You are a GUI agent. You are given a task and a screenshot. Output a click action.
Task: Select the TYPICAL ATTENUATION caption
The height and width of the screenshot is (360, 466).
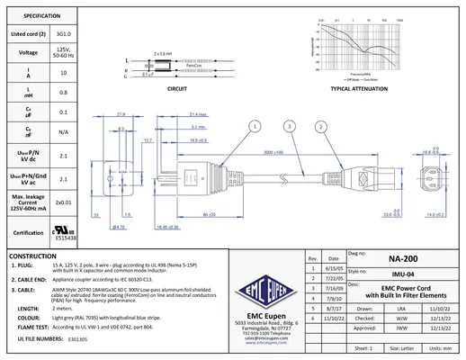(354, 91)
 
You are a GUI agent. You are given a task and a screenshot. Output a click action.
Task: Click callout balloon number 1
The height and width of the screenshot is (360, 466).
(255, 128)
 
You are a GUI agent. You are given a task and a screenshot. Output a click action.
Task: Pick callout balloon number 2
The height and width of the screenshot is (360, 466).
(321, 128)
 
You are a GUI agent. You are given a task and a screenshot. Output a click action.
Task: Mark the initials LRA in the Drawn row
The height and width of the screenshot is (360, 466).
(400, 308)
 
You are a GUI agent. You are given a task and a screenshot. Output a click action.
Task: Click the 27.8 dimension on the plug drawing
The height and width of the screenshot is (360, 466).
(121, 113)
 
